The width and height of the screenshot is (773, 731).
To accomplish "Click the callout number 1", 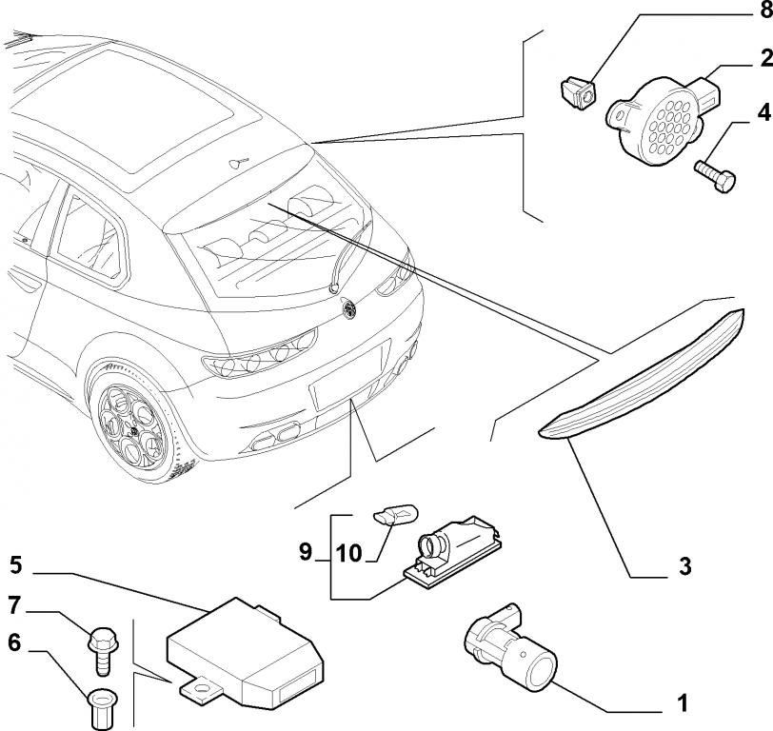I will (x=682, y=704).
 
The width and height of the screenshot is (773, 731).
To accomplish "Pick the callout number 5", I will (x=15, y=564).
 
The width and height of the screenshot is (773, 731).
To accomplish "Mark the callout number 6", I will (x=14, y=642).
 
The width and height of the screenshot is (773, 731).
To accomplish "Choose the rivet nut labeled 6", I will (x=100, y=707).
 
